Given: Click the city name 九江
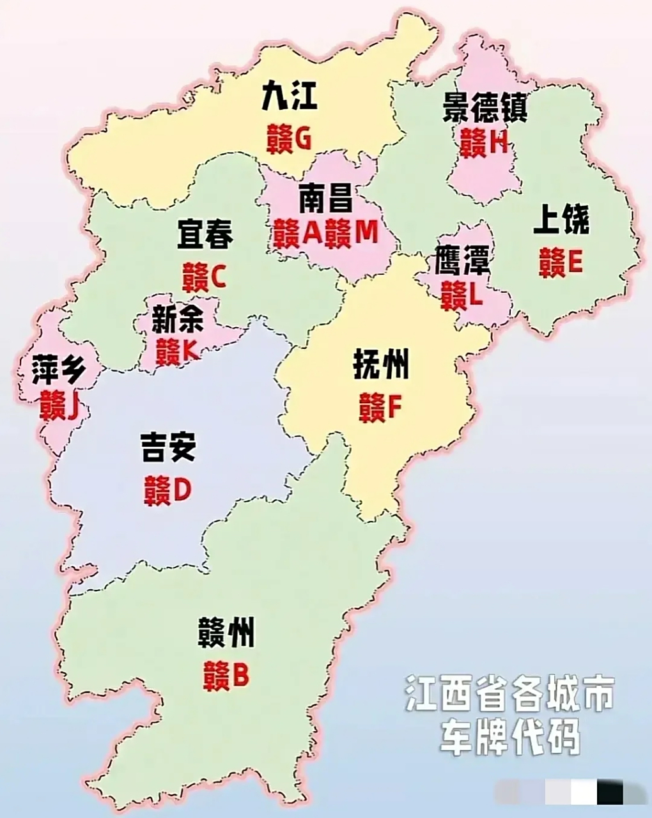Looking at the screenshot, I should [290, 98].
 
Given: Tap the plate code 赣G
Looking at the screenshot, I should [290, 138].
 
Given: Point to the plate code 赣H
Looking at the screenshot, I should [483, 143].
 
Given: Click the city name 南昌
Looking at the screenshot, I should [325, 199].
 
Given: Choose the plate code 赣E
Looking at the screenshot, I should [561, 261].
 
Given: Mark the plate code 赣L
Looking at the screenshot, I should [462, 295].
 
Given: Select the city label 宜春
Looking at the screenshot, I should [205, 235].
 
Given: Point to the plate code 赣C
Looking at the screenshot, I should [204, 277].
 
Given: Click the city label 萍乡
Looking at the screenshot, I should [58, 369].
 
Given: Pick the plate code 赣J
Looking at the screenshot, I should [59, 405].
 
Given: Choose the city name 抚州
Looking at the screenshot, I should [380, 367].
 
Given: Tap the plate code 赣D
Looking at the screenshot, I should [167, 491].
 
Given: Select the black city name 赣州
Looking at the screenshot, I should [226, 633].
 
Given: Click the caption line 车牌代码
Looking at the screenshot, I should [509, 736].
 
